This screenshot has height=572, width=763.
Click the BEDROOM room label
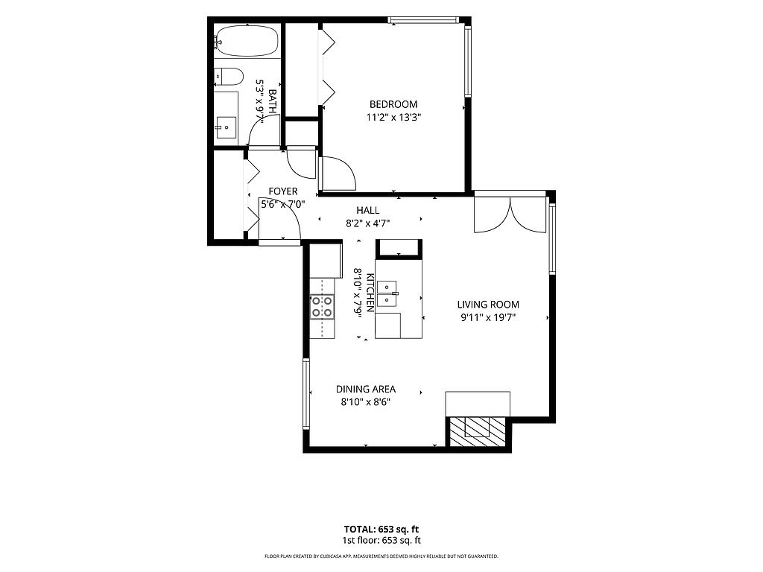[x=393, y=104]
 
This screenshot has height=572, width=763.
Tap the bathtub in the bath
[x=247, y=41]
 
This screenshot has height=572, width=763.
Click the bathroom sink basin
[x=226, y=127]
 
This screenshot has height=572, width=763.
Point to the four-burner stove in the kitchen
[x=323, y=307]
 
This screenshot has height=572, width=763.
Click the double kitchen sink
[x=387, y=293]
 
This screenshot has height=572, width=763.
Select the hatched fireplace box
[x=477, y=431]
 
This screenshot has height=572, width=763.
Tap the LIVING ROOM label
[x=488, y=305]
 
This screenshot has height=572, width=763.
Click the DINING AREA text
[x=366, y=389]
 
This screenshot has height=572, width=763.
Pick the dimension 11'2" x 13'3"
[x=393, y=117]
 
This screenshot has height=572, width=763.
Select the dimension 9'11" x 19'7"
[x=488, y=317]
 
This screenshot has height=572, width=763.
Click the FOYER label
[x=282, y=191]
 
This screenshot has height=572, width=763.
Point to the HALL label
[x=368, y=210]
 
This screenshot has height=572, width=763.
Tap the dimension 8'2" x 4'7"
[x=368, y=223]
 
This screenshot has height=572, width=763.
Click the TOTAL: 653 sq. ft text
[x=381, y=530]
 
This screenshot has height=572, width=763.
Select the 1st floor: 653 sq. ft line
[x=381, y=541]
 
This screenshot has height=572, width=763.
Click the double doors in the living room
[x=510, y=214]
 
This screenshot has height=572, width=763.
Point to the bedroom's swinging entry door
[x=338, y=174]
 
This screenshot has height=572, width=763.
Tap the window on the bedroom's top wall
[x=423, y=20]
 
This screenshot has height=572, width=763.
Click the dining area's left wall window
[x=306, y=394]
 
